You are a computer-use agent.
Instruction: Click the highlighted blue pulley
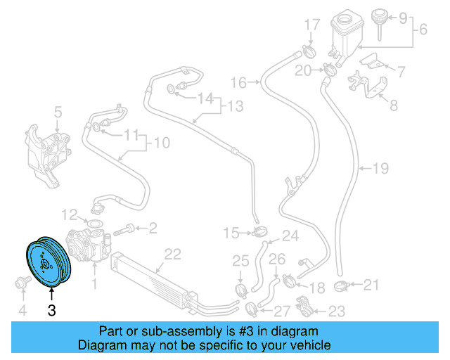click(46, 263)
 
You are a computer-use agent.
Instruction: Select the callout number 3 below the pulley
click(51, 309)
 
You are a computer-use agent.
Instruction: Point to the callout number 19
click(380, 169)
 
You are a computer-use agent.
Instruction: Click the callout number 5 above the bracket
click(58, 111)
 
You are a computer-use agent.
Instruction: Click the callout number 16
click(239, 83)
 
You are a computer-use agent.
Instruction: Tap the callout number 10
click(162, 143)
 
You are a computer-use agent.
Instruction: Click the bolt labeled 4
click(21, 283)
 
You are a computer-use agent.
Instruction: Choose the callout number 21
click(371, 284)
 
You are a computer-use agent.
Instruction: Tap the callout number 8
click(393, 106)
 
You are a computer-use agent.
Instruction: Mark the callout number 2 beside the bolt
click(152, 227)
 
